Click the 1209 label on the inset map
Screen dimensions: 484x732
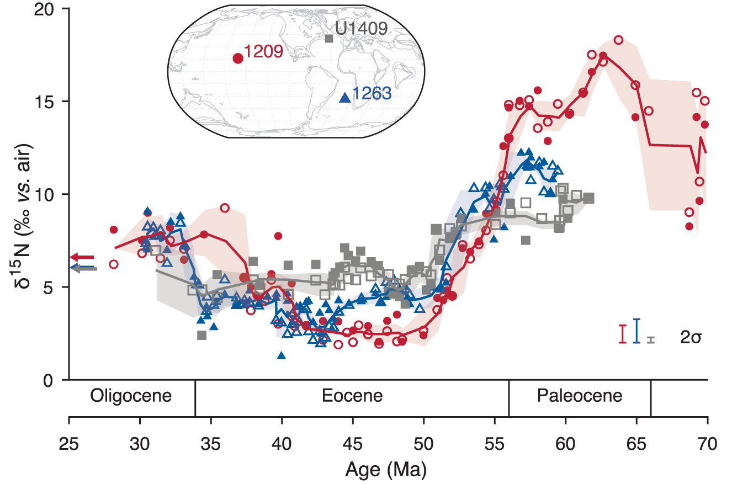tap(263, 52)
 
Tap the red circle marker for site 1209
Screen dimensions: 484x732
tap(238, 58)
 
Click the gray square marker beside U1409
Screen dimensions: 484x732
tap(329, 39)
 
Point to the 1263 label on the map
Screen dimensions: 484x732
tap(372, 94)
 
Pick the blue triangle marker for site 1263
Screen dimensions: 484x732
tap(345, 98)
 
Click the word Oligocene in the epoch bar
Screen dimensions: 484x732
tap(131, 396)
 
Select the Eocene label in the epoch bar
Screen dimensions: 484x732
tap(353, 396)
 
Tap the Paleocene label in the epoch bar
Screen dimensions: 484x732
tap(579, 396)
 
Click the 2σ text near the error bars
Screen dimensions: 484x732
tap(690, 338)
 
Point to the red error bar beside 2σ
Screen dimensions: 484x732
tap(623, 334)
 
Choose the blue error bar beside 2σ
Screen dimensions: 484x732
tap(636, 331)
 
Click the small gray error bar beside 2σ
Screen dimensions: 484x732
tap(651, 339)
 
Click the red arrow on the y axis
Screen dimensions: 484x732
tap(82, 257)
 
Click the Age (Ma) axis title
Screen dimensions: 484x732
tap(386, 470)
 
